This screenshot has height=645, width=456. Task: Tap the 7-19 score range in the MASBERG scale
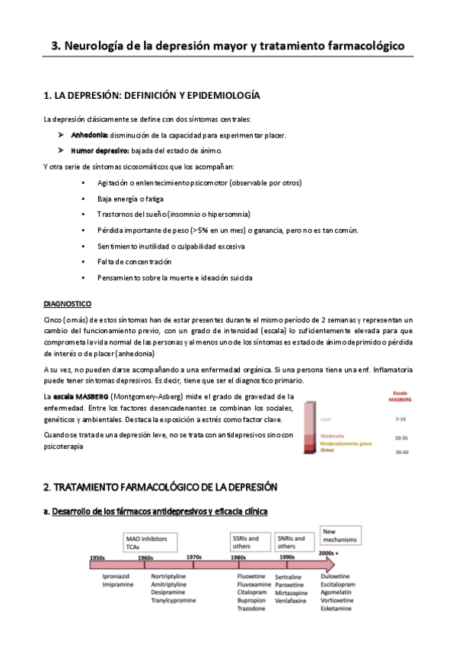400,419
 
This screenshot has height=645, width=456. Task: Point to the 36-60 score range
400,453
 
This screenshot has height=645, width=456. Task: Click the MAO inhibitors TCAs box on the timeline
150,542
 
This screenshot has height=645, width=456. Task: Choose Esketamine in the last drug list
340,609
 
